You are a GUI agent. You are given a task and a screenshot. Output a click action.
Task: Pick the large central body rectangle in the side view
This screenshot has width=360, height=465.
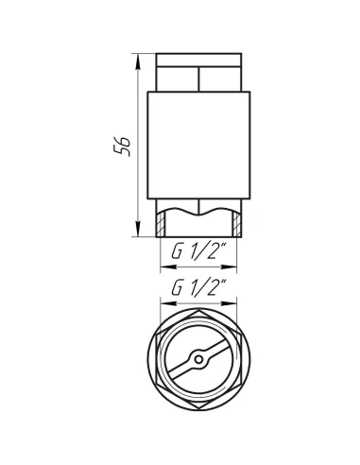pos(199,146)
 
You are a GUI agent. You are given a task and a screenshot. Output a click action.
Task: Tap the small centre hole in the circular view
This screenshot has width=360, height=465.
pos(199,360)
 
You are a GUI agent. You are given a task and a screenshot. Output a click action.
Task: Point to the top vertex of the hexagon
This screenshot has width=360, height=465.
pos(199,308)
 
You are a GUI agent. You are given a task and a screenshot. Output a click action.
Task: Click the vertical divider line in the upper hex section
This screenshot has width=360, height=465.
pos(199,77)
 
